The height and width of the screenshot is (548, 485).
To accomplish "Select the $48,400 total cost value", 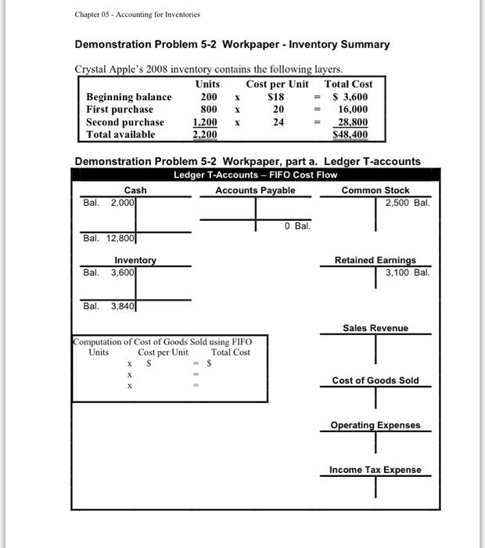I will pos(350,135).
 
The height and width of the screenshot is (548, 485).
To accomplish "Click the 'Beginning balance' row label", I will pos(128,97).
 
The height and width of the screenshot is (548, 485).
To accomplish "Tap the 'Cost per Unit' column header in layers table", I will pos(277,84).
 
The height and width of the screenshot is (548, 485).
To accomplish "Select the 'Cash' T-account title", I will pos(135,190).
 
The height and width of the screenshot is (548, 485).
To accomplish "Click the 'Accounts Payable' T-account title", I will pos(255,190).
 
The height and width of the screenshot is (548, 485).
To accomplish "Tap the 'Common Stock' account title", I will pos(375,190).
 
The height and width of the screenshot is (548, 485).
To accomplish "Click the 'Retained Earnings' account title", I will pos(375,260).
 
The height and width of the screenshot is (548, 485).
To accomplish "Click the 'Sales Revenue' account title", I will pos(375,328).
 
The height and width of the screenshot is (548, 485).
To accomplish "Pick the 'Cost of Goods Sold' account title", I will pos(375,380).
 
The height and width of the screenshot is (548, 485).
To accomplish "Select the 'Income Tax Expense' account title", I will pos(375,470).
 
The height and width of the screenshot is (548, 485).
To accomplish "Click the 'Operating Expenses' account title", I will pos(375,425).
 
